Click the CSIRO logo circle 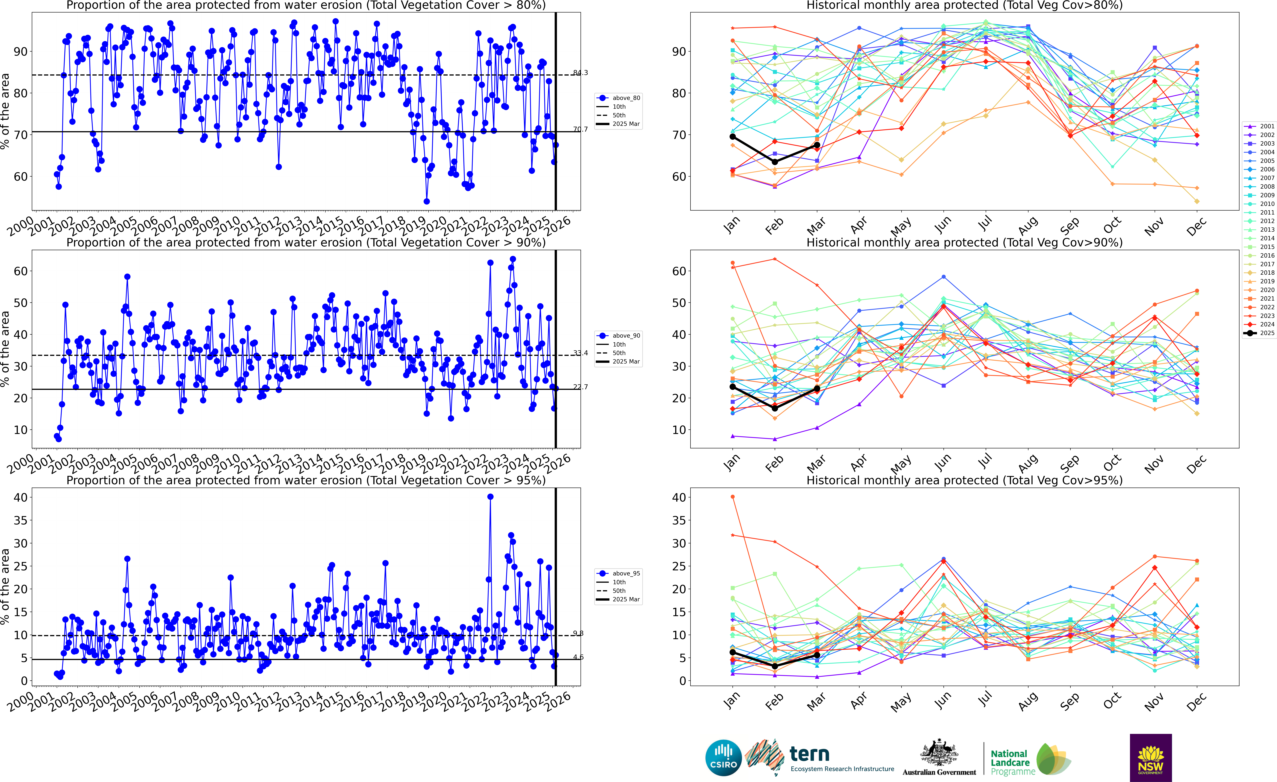click(723, 758)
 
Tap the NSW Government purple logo click(1151, 758)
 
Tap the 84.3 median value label click(580, 73)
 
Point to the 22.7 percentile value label click(580, 387)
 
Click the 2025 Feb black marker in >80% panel click(775, 162)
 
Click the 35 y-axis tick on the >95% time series click(21, 520)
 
